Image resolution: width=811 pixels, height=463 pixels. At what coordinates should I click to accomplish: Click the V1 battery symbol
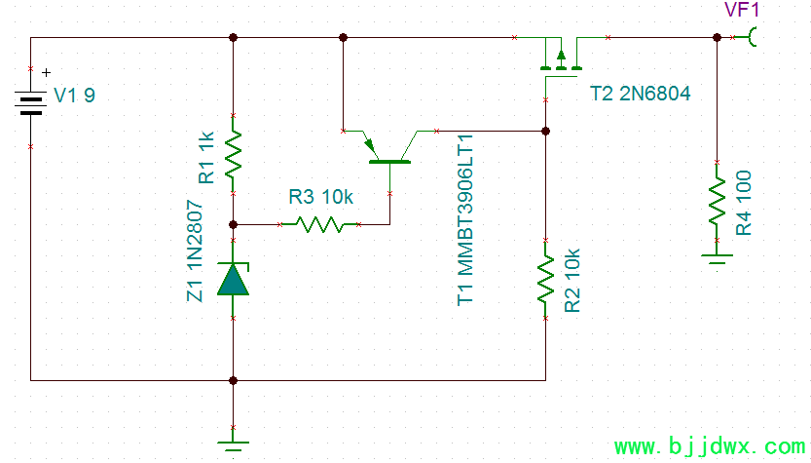30,103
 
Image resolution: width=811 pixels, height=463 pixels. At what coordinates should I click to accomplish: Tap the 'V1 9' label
74,96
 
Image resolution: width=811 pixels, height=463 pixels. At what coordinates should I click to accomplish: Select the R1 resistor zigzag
234,154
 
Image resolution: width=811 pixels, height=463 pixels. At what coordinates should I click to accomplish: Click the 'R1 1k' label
205,158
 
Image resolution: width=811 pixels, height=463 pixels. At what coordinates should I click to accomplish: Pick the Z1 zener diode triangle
234,280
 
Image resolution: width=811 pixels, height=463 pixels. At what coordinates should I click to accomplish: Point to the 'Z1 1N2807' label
195,251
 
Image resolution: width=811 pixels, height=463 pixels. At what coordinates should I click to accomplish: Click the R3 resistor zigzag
319,225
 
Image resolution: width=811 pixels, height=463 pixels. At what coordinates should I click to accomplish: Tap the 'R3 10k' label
320,197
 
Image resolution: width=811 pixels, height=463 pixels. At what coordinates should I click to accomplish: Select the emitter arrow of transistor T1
370,145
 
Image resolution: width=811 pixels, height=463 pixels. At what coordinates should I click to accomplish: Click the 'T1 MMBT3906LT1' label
465,220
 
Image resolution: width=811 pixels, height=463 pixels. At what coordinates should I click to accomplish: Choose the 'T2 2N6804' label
640,94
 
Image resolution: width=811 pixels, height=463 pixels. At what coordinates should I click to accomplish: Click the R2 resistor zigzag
545,279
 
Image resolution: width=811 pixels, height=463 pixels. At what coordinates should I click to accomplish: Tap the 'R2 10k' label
572,281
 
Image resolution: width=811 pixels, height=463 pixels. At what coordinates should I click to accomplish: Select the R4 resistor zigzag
717,201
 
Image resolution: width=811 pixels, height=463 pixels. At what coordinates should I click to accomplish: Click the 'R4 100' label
743,203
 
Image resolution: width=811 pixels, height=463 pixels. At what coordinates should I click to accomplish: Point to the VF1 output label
742,10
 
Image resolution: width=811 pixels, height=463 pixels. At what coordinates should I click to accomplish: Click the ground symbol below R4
717,259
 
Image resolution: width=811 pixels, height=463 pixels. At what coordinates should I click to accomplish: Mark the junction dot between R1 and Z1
234,225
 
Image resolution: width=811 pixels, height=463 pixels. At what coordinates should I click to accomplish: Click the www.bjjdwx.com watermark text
710,446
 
